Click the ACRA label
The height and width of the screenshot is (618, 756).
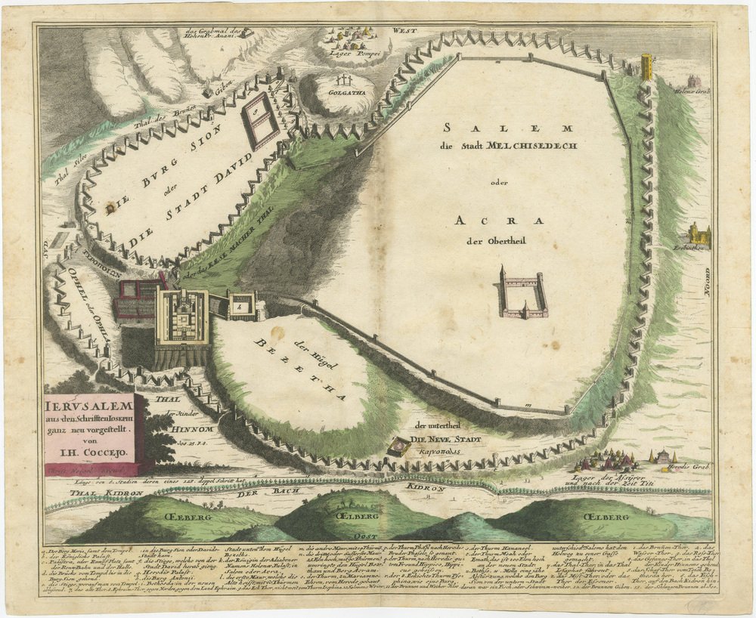500,221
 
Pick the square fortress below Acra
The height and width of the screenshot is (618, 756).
522,292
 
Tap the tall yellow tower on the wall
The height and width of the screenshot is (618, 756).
647,68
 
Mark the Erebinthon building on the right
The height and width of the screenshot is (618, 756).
698,233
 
